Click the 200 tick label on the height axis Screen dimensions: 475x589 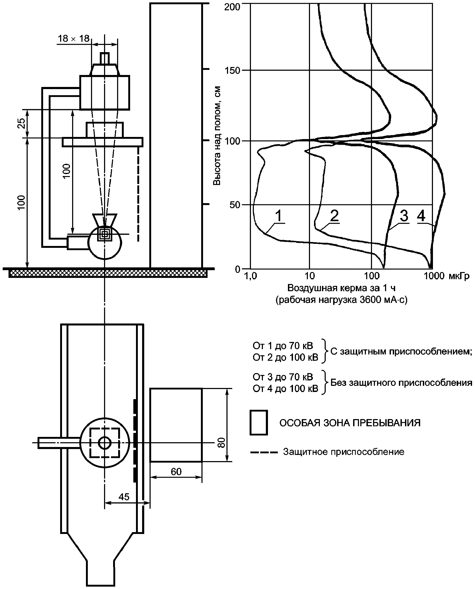pyautogui.click(x=232, y=7)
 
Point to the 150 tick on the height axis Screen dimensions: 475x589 pyautogui.click(x=232, y=70)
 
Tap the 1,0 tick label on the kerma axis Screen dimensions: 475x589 pyautogui.click(x=250, y=276)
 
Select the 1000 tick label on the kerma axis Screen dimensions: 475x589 pyautogui.click(x=434, y=276)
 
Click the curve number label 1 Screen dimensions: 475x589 pyautogui.click(x=278, y=216)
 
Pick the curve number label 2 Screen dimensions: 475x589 pyautogui.click(x=334, y=216)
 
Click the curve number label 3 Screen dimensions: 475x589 pyautogui.click(x=404, y=216)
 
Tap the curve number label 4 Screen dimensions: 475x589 pyautogui.click(x=421, y=216)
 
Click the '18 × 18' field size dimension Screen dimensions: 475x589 pyautogui.click(x=74, y=39)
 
